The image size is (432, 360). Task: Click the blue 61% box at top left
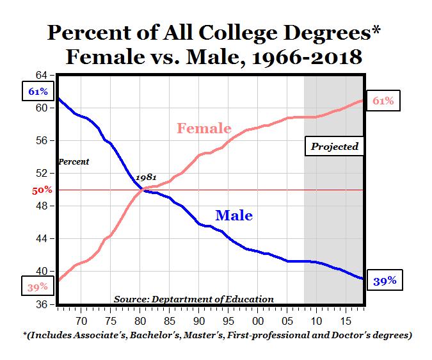coord(38,91)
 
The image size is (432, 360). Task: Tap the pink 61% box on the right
coord(383,101)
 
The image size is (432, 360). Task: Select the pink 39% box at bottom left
coord(38,287)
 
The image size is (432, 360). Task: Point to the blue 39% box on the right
coord(385,281)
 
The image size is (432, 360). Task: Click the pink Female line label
coord(204,128)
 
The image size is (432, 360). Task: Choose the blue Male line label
coord(234,215)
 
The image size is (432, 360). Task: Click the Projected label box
coord(334,147)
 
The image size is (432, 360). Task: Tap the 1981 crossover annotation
coord(146,177)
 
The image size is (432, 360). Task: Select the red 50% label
coord(42,190)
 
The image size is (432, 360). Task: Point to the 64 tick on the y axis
coord(42,75)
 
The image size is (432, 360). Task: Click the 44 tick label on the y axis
coord(42,239)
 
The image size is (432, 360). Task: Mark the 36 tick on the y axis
coord(42,304)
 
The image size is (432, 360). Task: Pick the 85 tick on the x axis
coord(170,321)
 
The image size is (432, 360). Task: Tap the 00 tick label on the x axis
coord(258,321)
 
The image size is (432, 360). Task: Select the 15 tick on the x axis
coord(346,321)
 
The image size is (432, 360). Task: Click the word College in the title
coord(238,33)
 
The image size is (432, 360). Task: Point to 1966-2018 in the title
coord(307,58)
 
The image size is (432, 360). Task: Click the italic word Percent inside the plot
coord(74,161)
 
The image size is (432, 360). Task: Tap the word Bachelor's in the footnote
coord(155,335)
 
